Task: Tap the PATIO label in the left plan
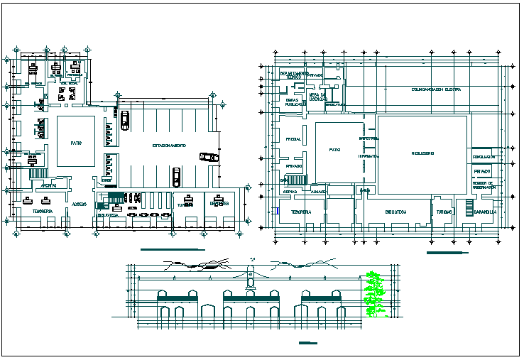75,143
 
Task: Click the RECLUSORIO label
422,153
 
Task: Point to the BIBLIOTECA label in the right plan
395,212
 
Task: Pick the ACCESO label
80,204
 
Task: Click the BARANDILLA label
486,212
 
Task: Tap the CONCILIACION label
483,158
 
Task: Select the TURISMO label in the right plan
444,212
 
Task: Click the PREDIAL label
293,139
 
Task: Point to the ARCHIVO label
49,185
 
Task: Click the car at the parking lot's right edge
209,157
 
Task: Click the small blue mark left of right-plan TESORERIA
274,211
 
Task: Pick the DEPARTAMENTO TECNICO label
294,75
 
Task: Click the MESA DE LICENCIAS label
317,97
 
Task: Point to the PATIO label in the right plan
335,151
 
